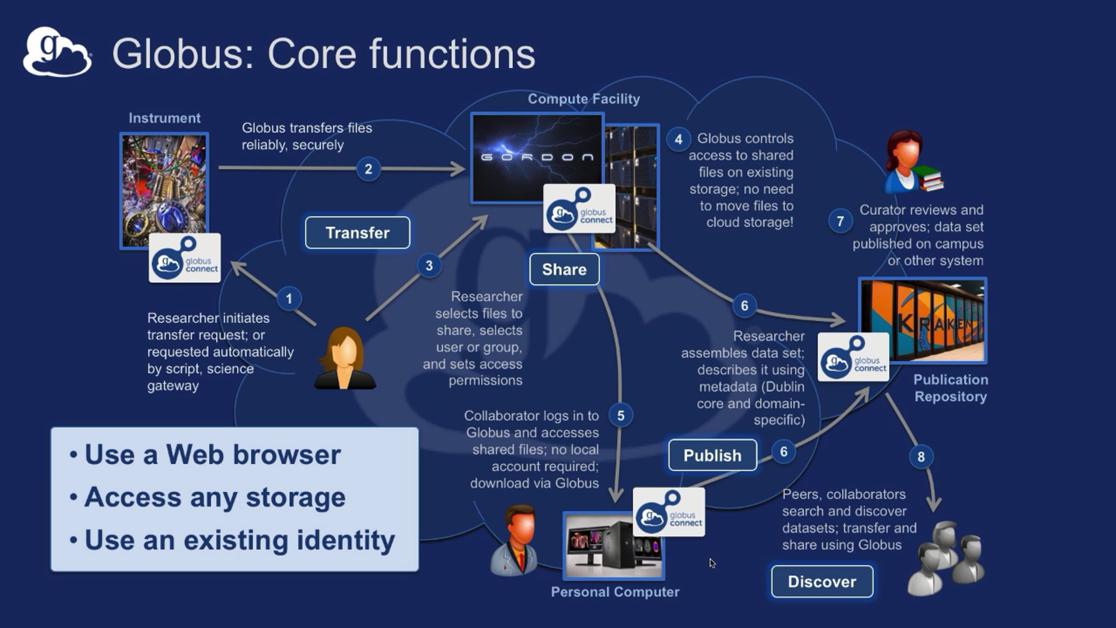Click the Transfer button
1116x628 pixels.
pos(358,233)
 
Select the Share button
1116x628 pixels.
pos(564,269)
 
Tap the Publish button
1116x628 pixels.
pos(712,455)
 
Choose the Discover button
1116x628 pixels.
pos(822,581)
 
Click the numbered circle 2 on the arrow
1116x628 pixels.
pos(368,169)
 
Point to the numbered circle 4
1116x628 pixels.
pos(678,139)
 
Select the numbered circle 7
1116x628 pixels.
pos(840,221)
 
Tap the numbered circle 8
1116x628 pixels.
pos(921,456)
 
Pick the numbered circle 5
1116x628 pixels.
pos(621,415)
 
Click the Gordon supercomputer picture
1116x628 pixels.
pos(537,158)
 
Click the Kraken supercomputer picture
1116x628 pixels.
pos(923,320)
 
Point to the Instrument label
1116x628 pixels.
pos(165,118)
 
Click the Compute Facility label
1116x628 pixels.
pos(584,99)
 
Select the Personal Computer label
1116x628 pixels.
pos(615,592)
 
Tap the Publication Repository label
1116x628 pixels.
pos(951,388)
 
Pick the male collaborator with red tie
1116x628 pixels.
pos(514,540)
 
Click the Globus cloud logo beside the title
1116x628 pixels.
pos(57,52)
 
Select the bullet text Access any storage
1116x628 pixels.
pos(215,498)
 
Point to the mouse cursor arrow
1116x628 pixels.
pos(712,563)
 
